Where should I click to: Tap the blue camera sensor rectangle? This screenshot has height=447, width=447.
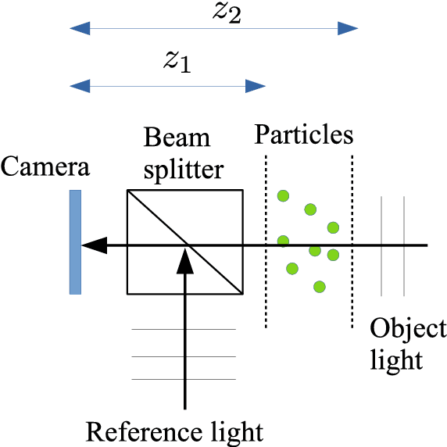(75, 241)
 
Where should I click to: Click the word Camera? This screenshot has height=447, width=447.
(45, 167)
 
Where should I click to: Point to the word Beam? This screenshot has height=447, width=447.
(177, 138)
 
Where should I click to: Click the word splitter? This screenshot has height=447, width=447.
(184, 169)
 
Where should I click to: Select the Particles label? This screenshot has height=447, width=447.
(304, 135)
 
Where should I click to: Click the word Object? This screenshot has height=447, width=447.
(408, 328)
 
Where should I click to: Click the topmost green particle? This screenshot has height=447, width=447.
(284, 195)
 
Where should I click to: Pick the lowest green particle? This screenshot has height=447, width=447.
(319, 287)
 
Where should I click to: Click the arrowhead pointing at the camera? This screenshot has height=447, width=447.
(92, 245)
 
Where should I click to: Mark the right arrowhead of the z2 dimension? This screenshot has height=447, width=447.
(349, 30)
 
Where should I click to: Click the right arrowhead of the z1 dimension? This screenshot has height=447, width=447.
(256, 84)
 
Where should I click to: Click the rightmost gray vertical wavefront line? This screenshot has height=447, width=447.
(403, 246)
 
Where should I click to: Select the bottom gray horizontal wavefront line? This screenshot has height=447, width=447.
(184, 380)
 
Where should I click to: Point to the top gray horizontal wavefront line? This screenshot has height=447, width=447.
(184, 330)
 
